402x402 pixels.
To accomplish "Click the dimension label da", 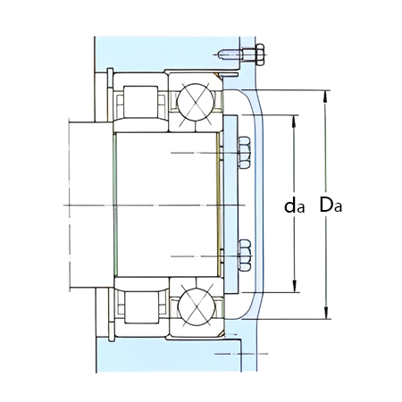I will [295, 205].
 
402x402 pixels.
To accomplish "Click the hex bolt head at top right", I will [259, 53].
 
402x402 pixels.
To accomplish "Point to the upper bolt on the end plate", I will [245, 154].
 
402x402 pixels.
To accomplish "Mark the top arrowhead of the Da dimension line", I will [327, 95].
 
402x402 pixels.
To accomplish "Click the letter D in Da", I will [327, 205].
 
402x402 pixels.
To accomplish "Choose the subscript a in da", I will [302, 208].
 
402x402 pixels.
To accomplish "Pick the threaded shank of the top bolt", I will [234, 53].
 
